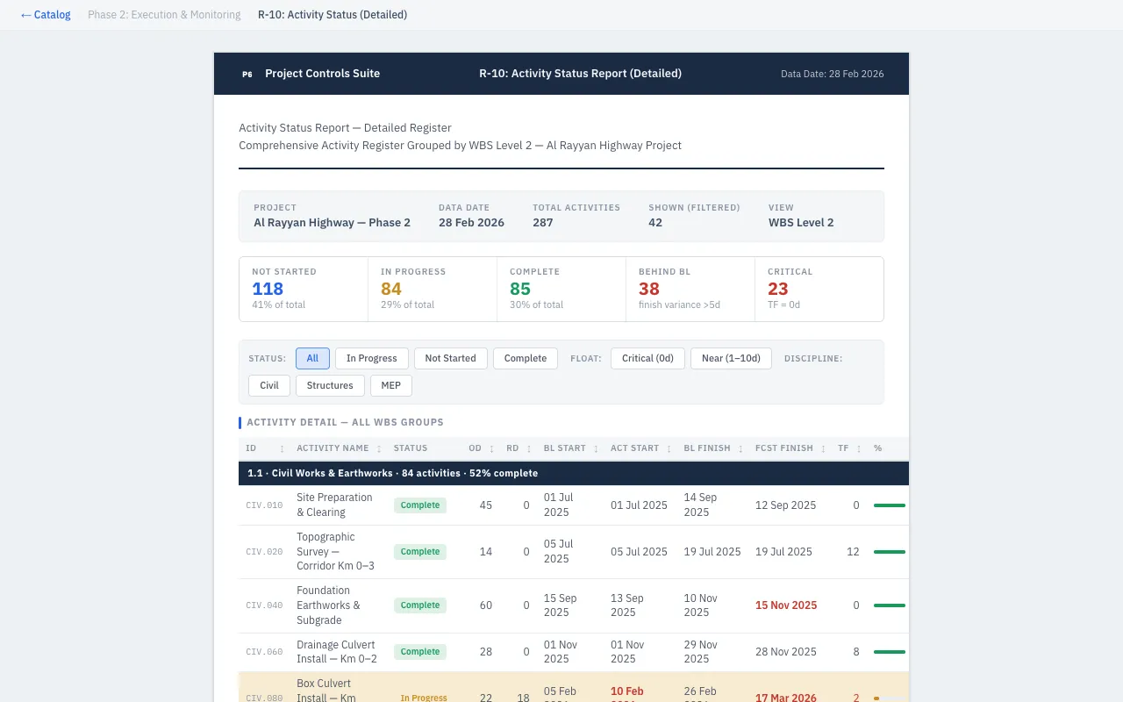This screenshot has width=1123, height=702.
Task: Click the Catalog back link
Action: (x=46, y=15)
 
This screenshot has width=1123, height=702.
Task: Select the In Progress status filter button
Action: (x=371, y=358)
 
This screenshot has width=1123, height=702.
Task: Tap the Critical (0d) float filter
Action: (x=647, y=358)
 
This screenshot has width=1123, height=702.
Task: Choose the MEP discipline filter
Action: (x=390, y=385)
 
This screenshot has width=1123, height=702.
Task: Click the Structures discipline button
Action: (x=330, y=385)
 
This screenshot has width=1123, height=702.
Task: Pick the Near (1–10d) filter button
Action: (x=731, y=358)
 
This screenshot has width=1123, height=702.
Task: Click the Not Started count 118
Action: (x=268, y=289)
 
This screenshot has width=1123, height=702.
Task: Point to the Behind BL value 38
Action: (x=649, y=289)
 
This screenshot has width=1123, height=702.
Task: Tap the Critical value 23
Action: (x=777, y=289)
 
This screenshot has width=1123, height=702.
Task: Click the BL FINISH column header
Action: (x=707, y=448)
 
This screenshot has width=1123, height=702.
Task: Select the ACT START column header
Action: (x=634, y=448)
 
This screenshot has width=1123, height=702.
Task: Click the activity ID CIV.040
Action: (x=264, y=605)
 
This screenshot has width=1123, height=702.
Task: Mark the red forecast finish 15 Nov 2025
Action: (x=785, y=605)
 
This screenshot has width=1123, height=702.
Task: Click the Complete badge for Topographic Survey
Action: (x=419, y=552)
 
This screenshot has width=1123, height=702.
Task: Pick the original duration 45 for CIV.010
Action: (x=485, y=505)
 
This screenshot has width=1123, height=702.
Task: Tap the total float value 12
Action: (x=853, y=552)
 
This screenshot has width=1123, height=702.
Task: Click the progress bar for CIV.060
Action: (x=889, y=652)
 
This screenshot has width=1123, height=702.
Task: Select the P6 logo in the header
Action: (x=247, y=75)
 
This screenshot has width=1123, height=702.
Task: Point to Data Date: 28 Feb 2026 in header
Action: (x=832, y=75)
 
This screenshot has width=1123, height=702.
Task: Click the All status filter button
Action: (x=312, y=358)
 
